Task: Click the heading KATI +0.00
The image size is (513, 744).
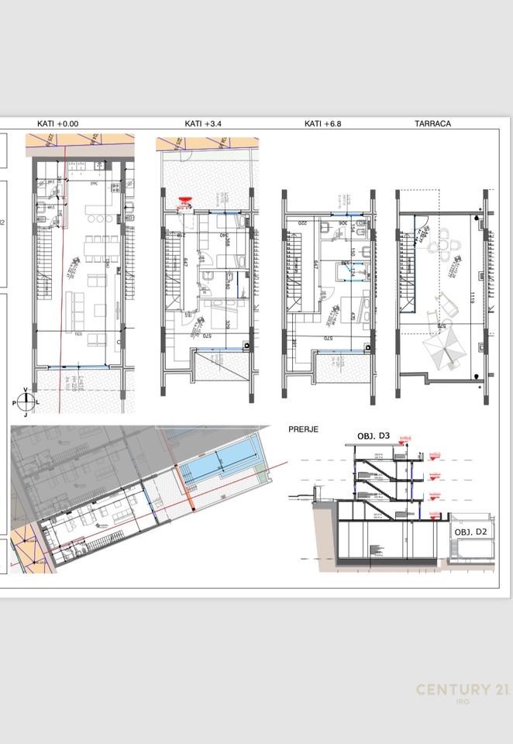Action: tap(58, 123)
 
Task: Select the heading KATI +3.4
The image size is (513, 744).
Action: tap(203, 123)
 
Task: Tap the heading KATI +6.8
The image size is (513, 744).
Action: tap(323, 123)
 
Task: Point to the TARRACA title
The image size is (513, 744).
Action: tap(432, 123)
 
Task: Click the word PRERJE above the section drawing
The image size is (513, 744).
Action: tap(303, 429)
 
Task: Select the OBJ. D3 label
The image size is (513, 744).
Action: tap(373, 436)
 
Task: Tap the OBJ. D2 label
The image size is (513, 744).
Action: tap(470, 532)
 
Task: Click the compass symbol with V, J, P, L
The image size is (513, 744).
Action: tap(26, 401)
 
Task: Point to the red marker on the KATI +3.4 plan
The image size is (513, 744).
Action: tap(184, 203)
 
